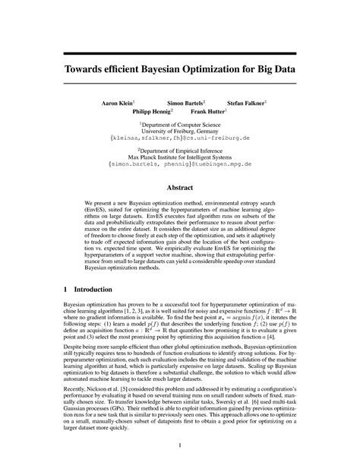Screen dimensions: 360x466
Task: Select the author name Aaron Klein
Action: (118, 101)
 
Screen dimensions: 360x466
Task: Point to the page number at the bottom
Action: (180, 445)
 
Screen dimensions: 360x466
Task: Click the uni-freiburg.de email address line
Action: (180, 139)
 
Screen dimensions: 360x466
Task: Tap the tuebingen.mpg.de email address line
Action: (180, 164)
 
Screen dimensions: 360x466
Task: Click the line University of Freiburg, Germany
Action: (180, 131)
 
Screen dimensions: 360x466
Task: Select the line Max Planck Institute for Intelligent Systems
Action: (180, 156)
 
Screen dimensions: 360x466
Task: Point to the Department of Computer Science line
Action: (181, 123)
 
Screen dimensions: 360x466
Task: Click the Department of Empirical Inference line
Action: (181, 148)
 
